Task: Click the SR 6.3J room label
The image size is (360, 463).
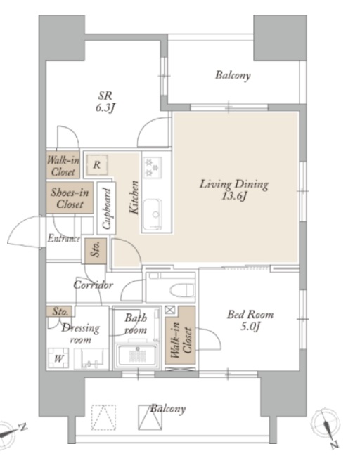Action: click(105, 102)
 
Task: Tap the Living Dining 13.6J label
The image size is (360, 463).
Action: click(234, 190)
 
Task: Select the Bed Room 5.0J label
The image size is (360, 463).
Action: click(250, 320)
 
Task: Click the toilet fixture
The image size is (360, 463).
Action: click(182, 289)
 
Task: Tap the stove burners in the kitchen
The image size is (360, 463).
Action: click(153, 167)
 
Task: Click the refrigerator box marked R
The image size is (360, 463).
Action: click(97, 164)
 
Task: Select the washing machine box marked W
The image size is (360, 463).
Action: click(58, 358)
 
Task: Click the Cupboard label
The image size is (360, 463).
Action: click(106, 208)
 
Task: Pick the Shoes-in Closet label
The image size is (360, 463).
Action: click(70, 198)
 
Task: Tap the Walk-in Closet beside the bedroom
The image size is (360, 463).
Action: click(180, 339)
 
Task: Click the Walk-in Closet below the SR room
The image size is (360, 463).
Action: click(63, 165)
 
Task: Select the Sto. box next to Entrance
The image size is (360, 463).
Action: click(96, 251)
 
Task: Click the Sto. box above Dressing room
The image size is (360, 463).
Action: click(59, 311)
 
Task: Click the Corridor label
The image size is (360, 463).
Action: click(93, 285)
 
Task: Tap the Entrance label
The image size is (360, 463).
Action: click(63, 238)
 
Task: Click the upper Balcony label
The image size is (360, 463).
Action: click(233, 75)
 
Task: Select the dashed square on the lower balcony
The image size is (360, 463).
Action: click(103, 417)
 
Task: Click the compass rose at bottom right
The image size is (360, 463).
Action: click(326, 425)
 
